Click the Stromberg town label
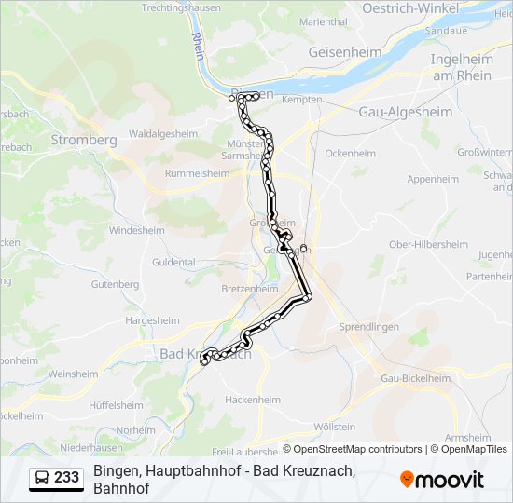tap(84, 140)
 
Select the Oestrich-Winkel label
tap(411, 8)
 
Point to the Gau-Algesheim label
tap(406, 112)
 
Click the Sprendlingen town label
tap(369, 327)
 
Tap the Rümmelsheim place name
tap(196, 173)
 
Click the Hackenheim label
tap(253, 400)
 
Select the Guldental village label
tap(174, 263)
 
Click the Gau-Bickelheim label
tap(415, 378)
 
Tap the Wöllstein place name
tap(335, 427)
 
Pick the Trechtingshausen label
tap(182, 7)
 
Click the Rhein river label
tap(197, 47)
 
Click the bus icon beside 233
tap(42, 478)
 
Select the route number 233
tap(67, 478)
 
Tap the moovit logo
tap(442, 480)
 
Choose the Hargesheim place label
tap(152, 319)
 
